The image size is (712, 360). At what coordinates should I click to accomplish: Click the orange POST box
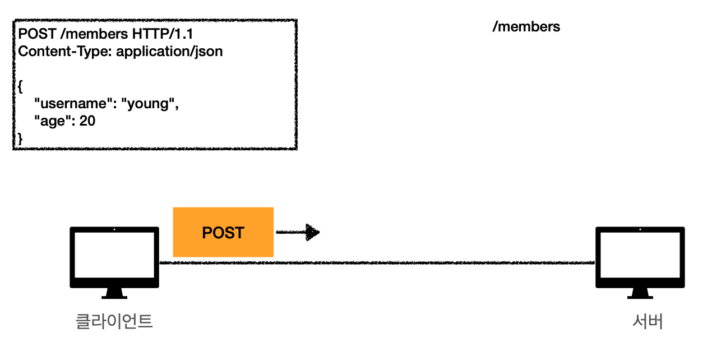(x=223, y=232)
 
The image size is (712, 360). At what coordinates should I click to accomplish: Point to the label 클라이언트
(x=114, y=321)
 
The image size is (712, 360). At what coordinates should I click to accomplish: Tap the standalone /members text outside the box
(x=526, y=26)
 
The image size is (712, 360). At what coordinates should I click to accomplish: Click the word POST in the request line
(x=36, y=34)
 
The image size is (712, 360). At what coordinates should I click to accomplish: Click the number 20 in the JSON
(x=87, y=121)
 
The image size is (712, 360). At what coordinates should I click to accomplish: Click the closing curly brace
(x=21, y=138)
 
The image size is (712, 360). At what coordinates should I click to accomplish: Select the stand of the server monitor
(x=640, y=294)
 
